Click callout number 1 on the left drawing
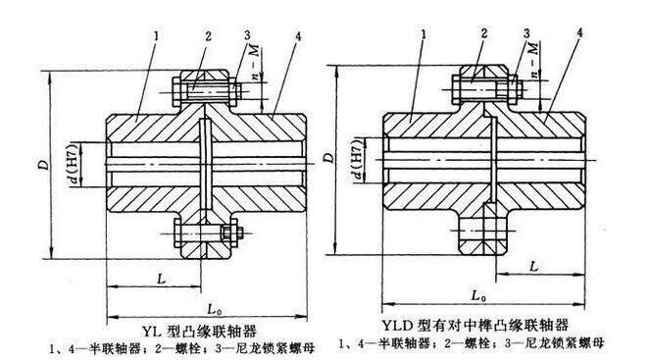[x=156, y=36]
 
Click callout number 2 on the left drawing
[x=208, y=36]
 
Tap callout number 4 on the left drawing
[x=298, y=36]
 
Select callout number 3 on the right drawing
[x=526, y=33]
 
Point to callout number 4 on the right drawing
[x=579, y=32]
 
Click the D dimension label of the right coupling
[x=329, y=158]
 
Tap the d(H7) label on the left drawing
[x=73, y=164]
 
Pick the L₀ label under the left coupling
[x=213, y=309]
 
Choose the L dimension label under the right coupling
[x=534, y=267]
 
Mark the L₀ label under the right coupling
[x=478, y=296]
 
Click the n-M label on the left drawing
[x=255, y=62]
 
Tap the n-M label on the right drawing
[x=535, y=59]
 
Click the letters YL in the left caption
[x=152, y=332]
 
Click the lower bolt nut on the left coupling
[x=229, y=233]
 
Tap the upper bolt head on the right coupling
[x=456, y=89]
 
